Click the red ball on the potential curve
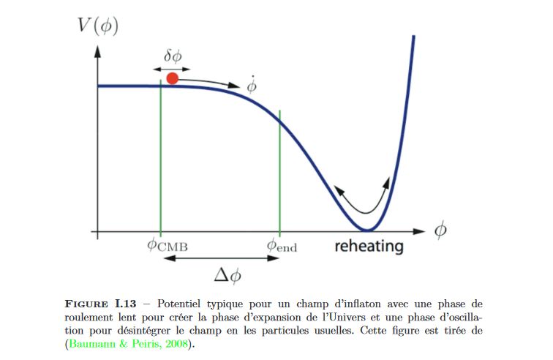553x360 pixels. [x=172, y=78]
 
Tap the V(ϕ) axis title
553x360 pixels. [x=97, y=28]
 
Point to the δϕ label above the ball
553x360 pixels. [x=174, y=55]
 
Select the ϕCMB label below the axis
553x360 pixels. [x=168, y=245]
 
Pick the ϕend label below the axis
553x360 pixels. [x=282, y=245]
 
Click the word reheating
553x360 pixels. [x=369, y=246]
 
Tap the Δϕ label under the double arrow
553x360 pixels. [x=227, y=276]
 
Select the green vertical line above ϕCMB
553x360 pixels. [x=161, y=161]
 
